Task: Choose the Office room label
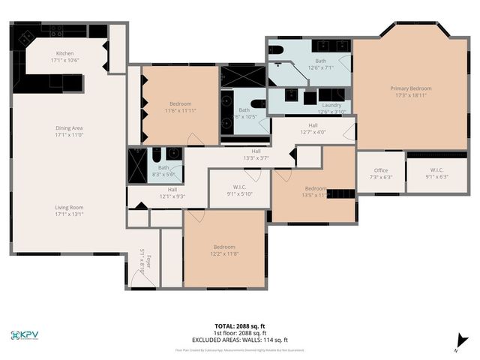tap(381, 173)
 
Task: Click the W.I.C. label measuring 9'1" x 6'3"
tap(437, 173)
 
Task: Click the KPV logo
tap(28, 335)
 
